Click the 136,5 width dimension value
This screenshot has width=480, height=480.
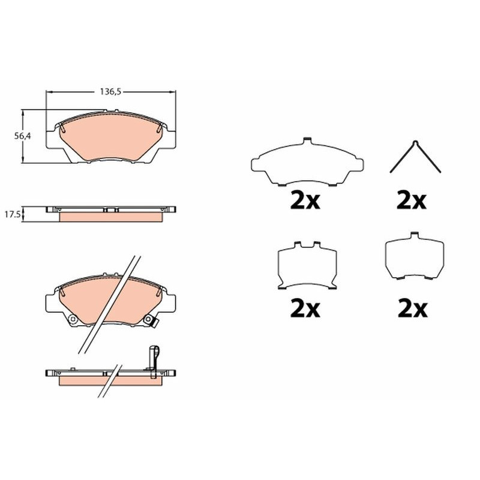coord(111,92)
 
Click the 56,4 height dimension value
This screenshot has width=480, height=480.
coord(23,136)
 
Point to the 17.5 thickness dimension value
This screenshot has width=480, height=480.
coord(12,214)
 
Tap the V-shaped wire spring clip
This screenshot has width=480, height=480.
coord(415,157)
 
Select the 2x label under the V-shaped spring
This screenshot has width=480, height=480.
coord(411,200)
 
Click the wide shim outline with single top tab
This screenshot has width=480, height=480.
coord(307,162)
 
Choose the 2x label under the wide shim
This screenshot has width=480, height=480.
coord(305,200)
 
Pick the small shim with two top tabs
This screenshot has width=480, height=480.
coord(307,265)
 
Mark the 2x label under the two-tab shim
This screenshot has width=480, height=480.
coord(305,308)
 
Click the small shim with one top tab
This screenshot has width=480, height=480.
coord(413,256)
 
